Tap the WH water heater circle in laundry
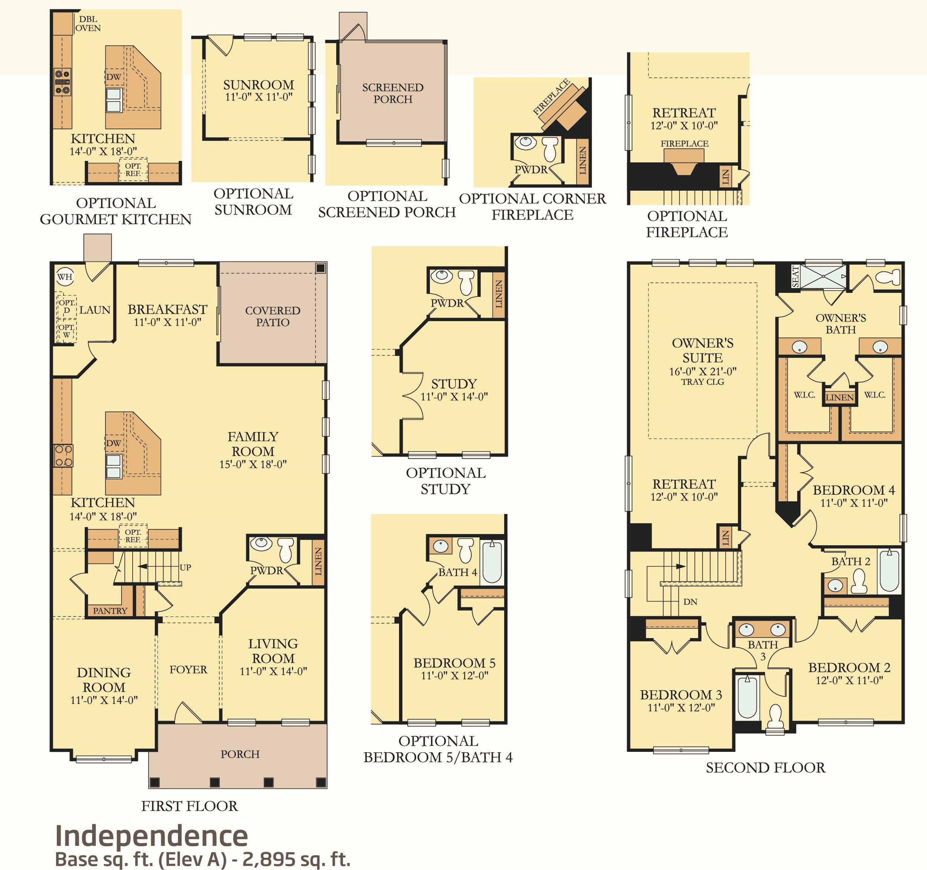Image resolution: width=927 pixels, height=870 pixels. [65, 276]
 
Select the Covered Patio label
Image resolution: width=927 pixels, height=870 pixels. [272, 316]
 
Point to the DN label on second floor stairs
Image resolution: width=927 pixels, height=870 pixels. [690, 602]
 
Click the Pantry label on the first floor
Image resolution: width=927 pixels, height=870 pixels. [110, 611]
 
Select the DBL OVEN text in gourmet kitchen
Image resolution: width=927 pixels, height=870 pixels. [88, 23]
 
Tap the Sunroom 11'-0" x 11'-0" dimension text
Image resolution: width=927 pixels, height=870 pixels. [258, 97]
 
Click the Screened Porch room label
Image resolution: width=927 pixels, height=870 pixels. [393, 93]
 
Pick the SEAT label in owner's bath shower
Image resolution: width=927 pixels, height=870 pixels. [796, 276]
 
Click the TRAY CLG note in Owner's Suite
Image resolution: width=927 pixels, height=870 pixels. [702, 382]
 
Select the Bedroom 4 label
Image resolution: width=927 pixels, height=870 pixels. [853, 490]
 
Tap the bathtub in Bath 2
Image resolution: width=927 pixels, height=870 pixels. [889, 571]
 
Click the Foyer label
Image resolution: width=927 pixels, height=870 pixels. [188, 669]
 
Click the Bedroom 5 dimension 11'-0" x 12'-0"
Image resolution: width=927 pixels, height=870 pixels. [454, 676]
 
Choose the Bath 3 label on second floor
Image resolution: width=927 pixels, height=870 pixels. [763, 650]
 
